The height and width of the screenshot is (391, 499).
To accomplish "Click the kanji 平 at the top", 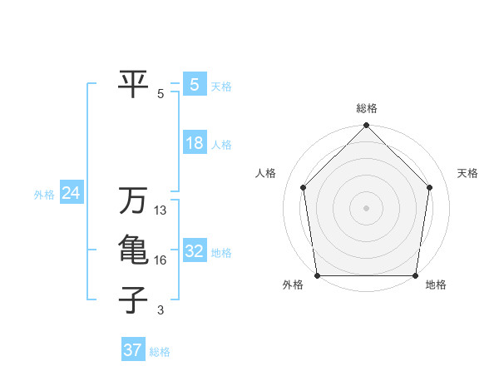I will click(x=133, y=82).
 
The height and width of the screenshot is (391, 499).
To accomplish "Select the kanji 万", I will click(x=133, y=201).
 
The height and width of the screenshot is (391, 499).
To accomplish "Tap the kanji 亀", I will click(x=133, y=250).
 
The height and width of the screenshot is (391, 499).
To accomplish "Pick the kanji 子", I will click(x=133, y=299).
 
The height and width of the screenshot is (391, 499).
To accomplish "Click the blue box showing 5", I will click(x=194, y=85).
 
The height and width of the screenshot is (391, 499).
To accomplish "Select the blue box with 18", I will click(x=194, y=143).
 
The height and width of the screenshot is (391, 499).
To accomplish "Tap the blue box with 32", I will click(x=194, y=251).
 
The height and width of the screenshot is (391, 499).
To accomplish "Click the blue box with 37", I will click(x=132, y=350).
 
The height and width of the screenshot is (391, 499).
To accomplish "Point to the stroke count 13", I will click(x=161, y=211).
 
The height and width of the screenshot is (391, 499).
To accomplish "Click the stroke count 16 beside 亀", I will click(x=161, y=260).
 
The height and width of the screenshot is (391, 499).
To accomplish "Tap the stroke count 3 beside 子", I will click(x=161, y=310).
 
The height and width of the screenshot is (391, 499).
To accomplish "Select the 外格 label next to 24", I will click(x=44, y=195).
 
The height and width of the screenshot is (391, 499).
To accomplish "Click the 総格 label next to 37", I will click(x=160, y=352).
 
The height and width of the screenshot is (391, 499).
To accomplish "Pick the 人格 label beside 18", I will click(x=221, y=145).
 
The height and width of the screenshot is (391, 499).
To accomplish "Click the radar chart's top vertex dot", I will click(x=366, y=126).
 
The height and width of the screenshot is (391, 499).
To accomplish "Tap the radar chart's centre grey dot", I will click(x=366, y=208).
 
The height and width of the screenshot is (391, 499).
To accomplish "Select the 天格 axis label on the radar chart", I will click(x=467, y=173).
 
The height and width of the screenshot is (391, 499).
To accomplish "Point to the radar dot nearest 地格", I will click(x=415, y=275).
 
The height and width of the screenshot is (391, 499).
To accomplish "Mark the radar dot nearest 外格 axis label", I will click(x=317, y=275).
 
